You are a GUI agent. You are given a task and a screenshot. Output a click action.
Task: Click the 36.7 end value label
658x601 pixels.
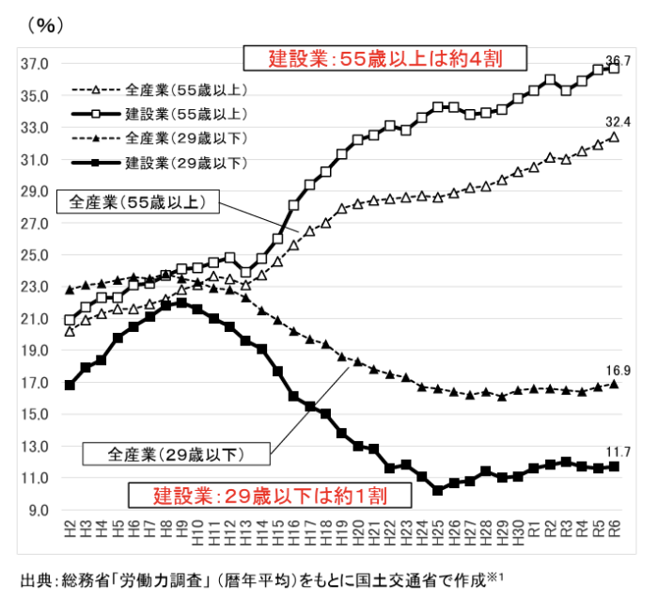click(618, 61)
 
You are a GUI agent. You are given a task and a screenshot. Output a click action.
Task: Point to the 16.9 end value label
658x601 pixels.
click(618, 371)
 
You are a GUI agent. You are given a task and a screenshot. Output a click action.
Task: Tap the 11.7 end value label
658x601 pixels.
click(618, 452)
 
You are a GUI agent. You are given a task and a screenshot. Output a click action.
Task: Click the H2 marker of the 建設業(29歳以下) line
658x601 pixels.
click(70, 386)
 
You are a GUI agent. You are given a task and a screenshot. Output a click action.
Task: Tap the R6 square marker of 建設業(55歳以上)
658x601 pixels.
click(614, 69)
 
